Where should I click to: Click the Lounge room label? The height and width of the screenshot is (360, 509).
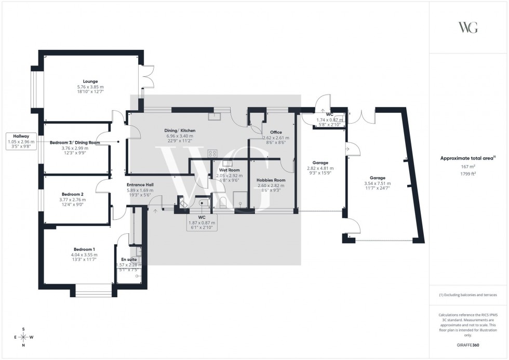[x=90, y=82]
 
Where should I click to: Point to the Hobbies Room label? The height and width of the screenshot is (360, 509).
[x=271, y=180]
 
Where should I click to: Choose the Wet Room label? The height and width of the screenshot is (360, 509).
[x=229, y=170]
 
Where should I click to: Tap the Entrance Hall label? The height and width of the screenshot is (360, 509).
[x=138, y=185]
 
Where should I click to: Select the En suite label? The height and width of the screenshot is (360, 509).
[x=129, y=259]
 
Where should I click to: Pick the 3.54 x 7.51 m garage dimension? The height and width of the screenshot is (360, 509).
[x=377, y=183]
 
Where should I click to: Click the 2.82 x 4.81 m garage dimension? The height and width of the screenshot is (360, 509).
[x=320, y=168]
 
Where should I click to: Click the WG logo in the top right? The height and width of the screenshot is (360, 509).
[x=468, y=27]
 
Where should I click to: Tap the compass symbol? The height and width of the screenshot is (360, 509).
[x=24, y=337]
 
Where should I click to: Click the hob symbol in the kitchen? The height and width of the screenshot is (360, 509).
[x=212, y=153]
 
